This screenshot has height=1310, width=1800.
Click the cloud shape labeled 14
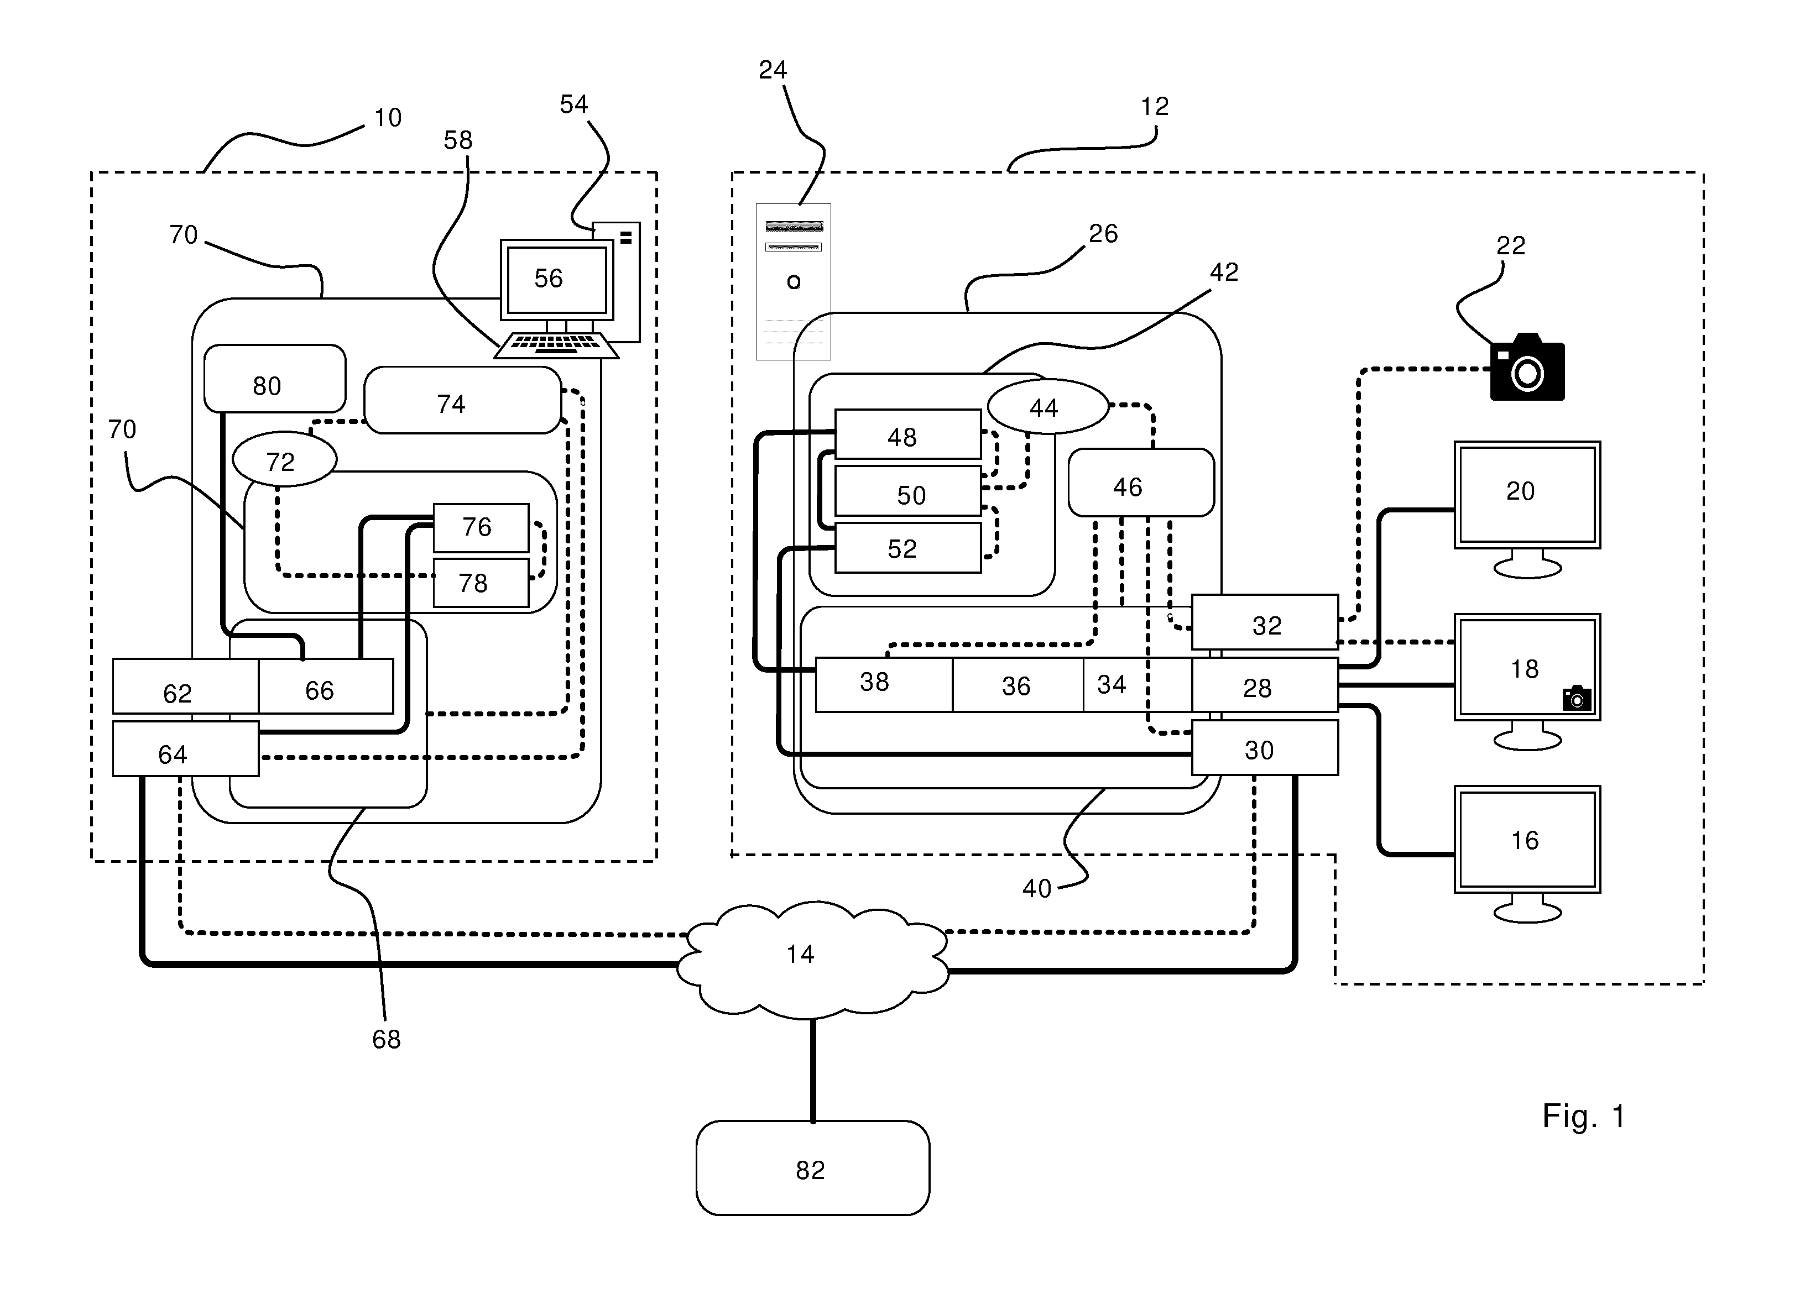click(x=813, y=958)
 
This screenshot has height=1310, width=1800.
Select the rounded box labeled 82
click(x=813, y=1168)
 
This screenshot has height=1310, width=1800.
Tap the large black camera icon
click(x=1527, y=368)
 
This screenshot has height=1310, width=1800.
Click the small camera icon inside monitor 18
click(x=1577, y=698)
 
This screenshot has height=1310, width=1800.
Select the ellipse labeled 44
click(x=1047, y=406)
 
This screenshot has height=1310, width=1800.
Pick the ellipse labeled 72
click(x=284, y=459)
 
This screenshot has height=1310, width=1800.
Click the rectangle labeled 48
click(x=908, y=434)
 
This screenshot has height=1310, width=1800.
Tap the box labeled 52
click(x=908, y=547)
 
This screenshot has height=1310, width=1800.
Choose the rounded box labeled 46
click(x=1141, y=483)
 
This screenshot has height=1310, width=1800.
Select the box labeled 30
click(x=1265, y=747)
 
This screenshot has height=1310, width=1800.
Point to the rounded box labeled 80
click(x=275, y=379)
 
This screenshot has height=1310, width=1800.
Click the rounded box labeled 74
click(x=463, y=400)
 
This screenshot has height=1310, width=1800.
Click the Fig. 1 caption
click(x=1583, y=1117)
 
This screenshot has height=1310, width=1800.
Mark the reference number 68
click(x=387, y=1039)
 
